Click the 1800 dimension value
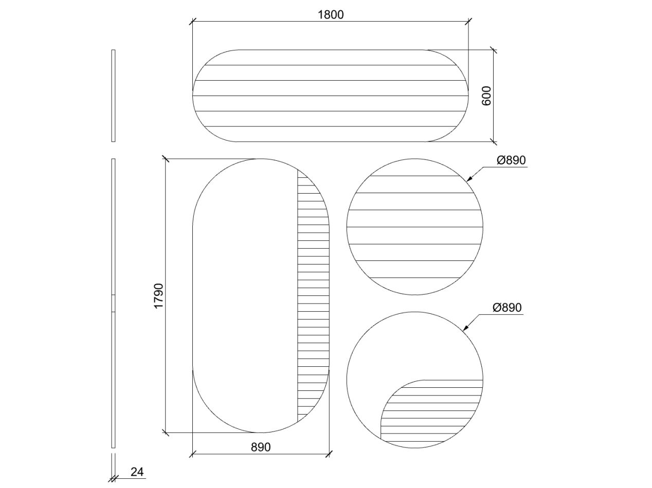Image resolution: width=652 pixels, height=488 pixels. tap(330, 14)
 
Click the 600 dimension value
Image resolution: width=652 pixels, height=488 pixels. tap(486, 96)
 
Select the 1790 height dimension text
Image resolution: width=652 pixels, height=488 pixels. tap(158, 296)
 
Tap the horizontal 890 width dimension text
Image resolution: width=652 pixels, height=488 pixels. tap(261, 447)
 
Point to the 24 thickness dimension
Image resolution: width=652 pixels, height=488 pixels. tap(137, 472)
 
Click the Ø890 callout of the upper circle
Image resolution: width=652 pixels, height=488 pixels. tap(511, 160)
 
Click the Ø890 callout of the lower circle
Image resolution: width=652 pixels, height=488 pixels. tap(507, 308)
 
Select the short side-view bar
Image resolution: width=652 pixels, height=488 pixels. tap(113, 96)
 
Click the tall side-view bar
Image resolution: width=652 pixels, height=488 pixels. tap(113, 231)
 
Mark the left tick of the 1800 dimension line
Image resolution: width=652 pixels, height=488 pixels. tap(193, 22)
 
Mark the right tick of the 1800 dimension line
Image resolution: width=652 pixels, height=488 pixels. tap(468, 22)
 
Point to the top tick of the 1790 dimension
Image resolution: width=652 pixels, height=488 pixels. tap(165, 159)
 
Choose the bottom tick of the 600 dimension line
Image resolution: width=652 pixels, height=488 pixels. tap(494, 141)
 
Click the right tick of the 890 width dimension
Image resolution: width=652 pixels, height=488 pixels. tap(329, 454)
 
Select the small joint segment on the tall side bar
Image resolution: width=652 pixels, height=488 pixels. tap(113, 304)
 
